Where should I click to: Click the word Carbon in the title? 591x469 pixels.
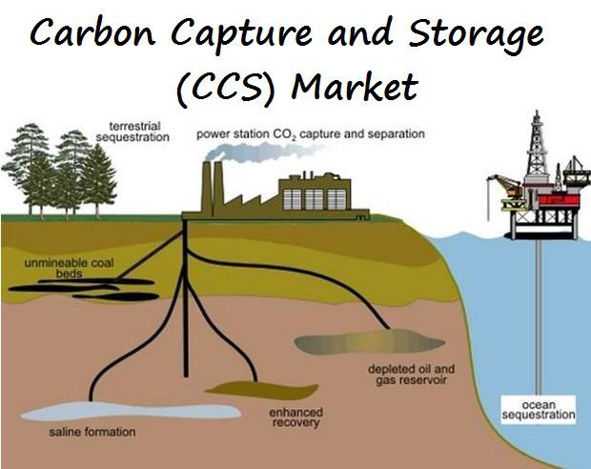coord(92,32)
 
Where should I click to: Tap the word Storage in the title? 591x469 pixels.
coord(477,34)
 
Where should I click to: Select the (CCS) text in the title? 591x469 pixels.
coord(225,88)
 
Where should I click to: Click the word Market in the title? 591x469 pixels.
coord(355,86)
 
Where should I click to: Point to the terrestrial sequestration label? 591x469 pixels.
coord(132,132)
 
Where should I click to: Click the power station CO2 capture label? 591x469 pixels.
coord(311,134)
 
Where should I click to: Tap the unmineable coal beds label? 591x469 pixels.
coord(69,268)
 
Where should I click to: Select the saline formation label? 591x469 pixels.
coord(92,432)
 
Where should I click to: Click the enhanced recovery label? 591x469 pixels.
coord(295,418)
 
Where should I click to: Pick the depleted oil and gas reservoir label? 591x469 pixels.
coord(411,375)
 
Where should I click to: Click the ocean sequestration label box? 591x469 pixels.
coord(539,410)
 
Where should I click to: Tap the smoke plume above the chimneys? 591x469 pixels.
coord(260,152)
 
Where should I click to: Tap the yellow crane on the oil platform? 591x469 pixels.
coord(507,186)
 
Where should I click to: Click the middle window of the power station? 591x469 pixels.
coord(315,198)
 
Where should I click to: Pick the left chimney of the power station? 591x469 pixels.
coord(207,189)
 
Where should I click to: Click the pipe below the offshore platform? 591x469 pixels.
coord(539,316)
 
